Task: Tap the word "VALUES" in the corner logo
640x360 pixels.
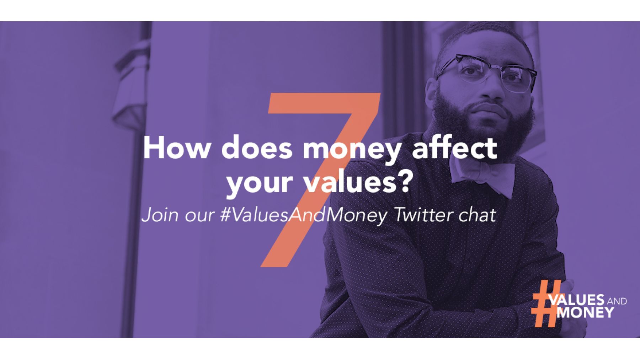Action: click(577, 300)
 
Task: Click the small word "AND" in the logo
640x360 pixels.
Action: click(617, 302)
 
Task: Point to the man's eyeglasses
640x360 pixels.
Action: click(487, 73)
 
